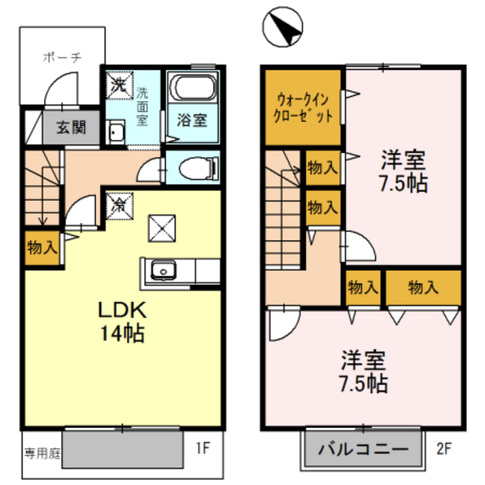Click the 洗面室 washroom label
142,106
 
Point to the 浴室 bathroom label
192,120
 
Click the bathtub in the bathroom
192,89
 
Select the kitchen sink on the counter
163,270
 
